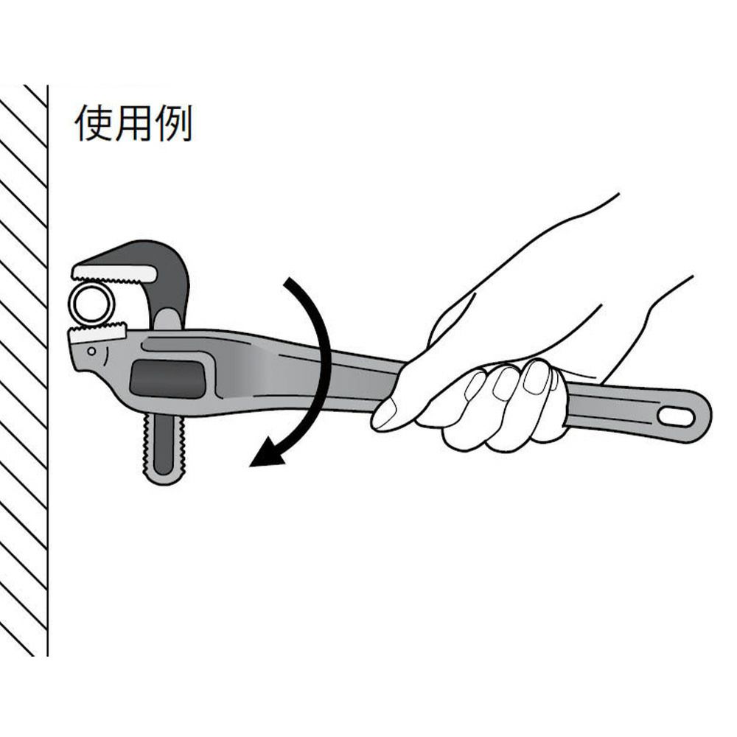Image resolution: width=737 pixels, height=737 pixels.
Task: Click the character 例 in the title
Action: point(174,122)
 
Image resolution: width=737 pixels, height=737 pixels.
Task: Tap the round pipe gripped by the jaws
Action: point(91,303)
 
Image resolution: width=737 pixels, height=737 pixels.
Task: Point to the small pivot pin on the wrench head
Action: point(91,351)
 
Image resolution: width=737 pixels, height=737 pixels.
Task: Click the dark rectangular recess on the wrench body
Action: point(167,378)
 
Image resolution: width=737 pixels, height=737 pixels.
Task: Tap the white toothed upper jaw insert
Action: point(114,273)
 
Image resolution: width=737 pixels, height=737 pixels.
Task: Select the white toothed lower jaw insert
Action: point(98,334)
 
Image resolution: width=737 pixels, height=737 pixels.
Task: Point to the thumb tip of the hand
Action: point(382,415)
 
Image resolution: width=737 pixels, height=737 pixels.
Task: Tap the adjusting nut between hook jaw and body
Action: point(167,320)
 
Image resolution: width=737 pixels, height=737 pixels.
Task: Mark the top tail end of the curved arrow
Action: point(287,281)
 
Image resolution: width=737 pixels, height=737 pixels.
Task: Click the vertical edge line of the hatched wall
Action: point(47,371)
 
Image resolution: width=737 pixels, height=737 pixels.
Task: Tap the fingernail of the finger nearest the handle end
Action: point(536,377)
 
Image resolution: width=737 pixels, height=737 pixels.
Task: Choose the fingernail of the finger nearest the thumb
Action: point(475,385)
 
